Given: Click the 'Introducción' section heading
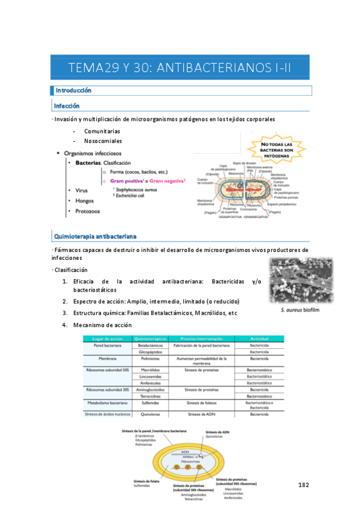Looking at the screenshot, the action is [73, 91].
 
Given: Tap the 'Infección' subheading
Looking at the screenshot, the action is [67, 106].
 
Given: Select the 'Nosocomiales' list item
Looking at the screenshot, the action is [103, 141].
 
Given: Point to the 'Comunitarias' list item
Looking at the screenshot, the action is [102, 131].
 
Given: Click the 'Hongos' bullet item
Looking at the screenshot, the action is [84, 201].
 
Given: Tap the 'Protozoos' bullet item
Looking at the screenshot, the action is [88, 211].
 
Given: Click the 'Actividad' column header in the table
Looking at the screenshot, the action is [260, 339].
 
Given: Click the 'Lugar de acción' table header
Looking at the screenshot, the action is [106, 339].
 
